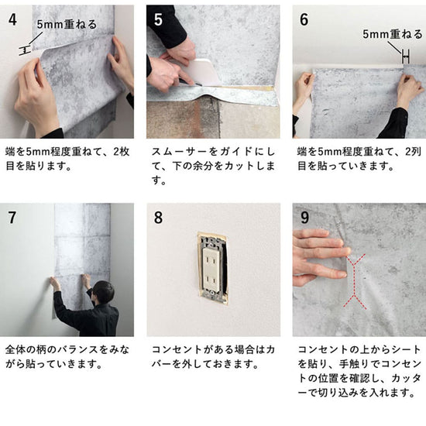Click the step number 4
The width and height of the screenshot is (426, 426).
pos(12,19)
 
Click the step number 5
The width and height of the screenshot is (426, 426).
pos(158,19)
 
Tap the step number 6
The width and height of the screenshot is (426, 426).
pos(304,19)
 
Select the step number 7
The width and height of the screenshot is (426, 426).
pos(12,218)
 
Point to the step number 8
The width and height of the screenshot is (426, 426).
pos(158,218)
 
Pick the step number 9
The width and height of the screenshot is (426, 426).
pos(304,218)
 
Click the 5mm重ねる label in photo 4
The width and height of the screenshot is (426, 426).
pos(67,25)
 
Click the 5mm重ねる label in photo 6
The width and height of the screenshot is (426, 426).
pos(393,34)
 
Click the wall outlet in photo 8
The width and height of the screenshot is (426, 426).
pos(213,269)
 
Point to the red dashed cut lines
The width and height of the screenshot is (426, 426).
pos(355,281)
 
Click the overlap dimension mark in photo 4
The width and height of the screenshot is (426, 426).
pos(25,50)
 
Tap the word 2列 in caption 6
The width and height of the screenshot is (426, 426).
pos(414,152)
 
